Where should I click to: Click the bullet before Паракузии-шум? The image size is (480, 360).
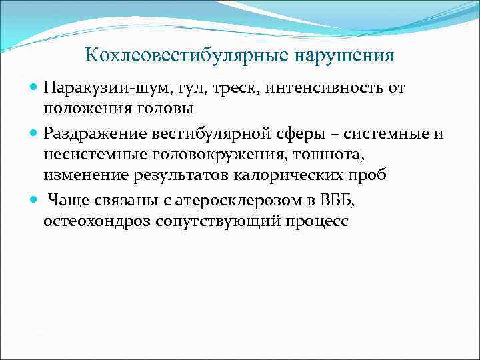coord(35,88)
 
